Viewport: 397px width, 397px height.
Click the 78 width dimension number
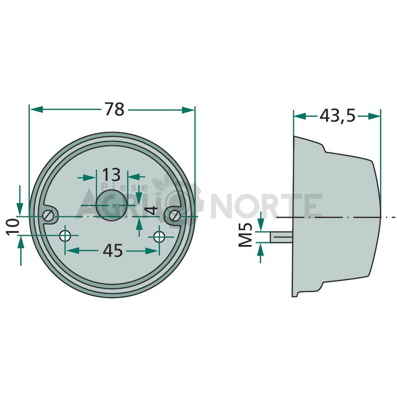[115, 109]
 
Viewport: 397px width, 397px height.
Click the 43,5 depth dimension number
[337, 116]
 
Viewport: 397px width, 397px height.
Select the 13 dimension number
[111, 175]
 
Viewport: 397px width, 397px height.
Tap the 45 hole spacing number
[113, 251]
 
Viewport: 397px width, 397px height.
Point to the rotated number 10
[13, 227]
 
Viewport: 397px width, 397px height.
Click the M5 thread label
[246, 234]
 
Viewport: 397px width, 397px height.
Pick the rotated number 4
[152, 210]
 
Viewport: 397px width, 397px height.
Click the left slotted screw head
[48, 216]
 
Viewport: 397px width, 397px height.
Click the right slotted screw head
[175, 216]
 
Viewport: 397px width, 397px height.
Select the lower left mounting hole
[65, 236]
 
